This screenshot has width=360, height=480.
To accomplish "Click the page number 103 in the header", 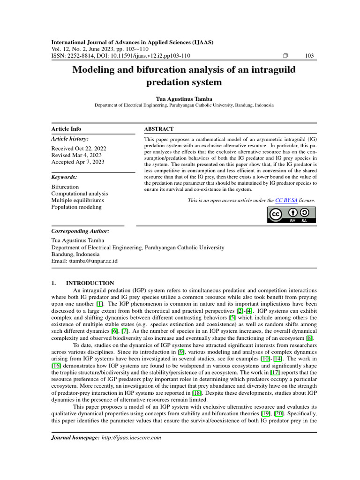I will click(x=309, y=56).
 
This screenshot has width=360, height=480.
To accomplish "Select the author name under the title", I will click(x=184, y=99).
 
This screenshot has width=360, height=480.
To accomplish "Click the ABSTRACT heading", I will click(x=158, y=129).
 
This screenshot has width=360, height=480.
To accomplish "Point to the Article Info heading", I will click(x=66, y=129).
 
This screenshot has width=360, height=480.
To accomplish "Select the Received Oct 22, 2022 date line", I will click(x=78, y=148).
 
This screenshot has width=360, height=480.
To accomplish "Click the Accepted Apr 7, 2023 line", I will click(x=78, y=162).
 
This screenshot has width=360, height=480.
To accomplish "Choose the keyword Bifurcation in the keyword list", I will click(x=65, y=187).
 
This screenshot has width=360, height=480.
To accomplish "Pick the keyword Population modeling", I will click(x=76, y=207).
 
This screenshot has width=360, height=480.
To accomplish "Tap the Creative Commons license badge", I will click(x=291, y=215).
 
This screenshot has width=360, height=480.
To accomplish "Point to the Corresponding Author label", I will click(x=80, y=231).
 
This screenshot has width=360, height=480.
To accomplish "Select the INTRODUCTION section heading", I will click(x=90, y=283).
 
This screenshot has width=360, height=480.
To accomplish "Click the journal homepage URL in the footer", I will click(x=131, y=437).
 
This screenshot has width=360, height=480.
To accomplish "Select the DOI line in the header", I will click(x=120, y=56).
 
